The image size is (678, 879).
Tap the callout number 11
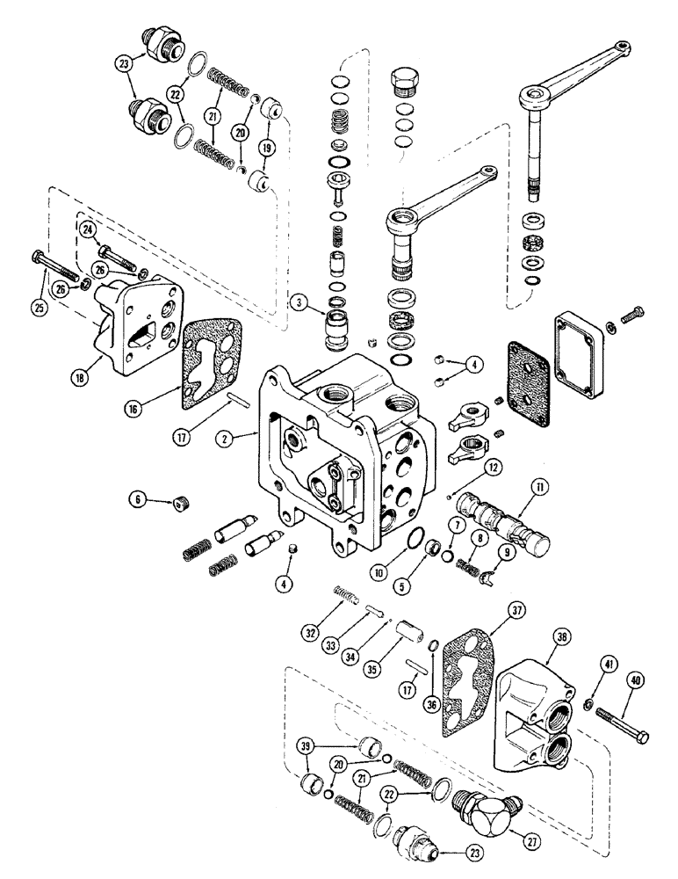point(535,485)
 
